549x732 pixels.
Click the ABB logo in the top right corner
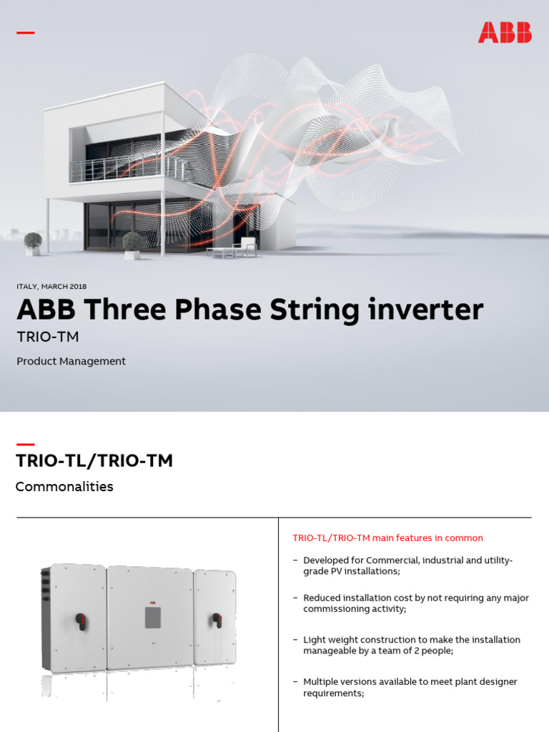505,33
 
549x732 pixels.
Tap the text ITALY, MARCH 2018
51,287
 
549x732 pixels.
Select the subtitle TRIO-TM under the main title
47,337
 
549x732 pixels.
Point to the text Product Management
71,361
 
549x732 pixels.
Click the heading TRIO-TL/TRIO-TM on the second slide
94,461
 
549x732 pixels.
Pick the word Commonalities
64,487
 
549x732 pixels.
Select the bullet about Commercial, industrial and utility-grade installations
407,565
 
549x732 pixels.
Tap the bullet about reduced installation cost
415,603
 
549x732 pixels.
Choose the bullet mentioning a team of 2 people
411,646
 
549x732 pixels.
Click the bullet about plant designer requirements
410,688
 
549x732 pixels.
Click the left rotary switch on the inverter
81,620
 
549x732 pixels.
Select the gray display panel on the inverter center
153,617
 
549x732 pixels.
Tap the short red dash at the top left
26,33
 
